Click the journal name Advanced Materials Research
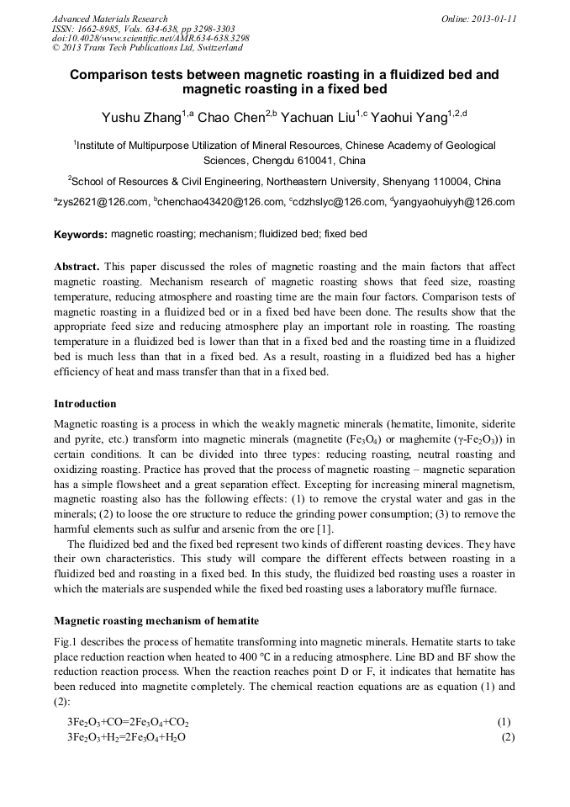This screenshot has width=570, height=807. click(x=109, y=19)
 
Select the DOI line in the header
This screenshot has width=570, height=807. click(x=150, y=39)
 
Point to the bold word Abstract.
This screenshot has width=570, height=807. click(x=77, y=267)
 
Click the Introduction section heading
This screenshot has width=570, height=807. click(x=85, y=404)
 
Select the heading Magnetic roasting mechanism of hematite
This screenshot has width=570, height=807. click(x=156, y=621)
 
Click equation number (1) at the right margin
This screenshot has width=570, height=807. click(x=504, y=722)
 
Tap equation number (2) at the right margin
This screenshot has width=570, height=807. click(x=507, y=737)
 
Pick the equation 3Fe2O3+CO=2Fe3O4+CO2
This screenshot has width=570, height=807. click(x=128, y=722)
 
